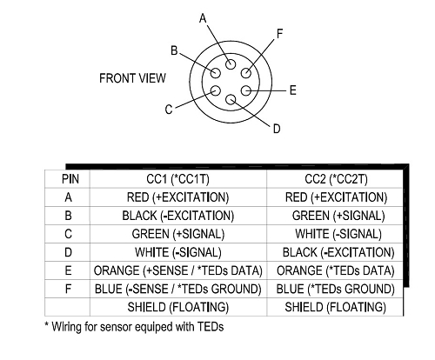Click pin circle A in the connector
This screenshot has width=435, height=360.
[x=231, y=64]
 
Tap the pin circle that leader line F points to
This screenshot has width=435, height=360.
[x=246, y=72]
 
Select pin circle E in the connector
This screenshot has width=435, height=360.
[x=246, y=90]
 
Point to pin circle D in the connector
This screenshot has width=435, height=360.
[x=231, y=100]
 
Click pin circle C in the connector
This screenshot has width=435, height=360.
[x=215, y=91]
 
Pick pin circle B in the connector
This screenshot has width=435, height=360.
[x=216, y=72]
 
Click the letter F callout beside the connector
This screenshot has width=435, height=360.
[x=279, y=34]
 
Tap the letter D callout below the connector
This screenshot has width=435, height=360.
[x=277, y=129]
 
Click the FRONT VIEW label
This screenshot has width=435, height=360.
[x=132, y=78]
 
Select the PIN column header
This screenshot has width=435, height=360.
[x=70, y=179]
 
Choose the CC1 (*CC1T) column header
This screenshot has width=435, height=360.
[x=177, y=179]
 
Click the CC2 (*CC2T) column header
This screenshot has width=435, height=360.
[x=336, y=179]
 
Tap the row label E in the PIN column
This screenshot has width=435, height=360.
[x=68, y=270]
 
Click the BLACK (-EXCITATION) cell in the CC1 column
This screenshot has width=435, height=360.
[x=178, y=216]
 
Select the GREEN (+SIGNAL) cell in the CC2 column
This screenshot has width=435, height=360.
[x=338, y=216]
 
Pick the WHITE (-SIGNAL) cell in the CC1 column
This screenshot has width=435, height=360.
[x=178, y=252]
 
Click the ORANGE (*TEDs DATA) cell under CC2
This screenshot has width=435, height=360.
[x=336, y=270]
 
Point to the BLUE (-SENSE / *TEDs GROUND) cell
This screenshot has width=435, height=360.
[x=178, y=289]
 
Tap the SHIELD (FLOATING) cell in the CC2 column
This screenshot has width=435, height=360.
[x=336, y=307]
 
